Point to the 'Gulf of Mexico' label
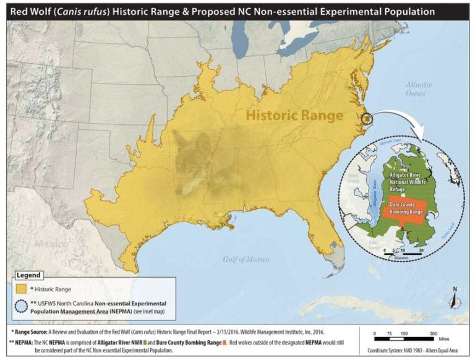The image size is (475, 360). click(x=246, y=259)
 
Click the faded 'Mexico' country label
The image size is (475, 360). click(x=51, y=243)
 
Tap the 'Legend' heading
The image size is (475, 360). click(x=28, y=275)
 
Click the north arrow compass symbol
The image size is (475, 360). click(x=456, y=298)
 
